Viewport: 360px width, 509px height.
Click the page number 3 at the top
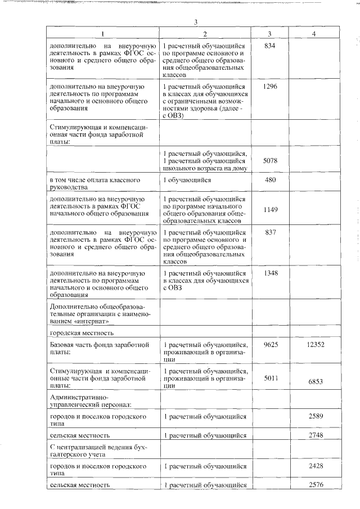(194, 22)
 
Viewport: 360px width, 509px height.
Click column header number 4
(313, 33)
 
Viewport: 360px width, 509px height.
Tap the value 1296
(270, 87)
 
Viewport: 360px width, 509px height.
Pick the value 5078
(271, 161)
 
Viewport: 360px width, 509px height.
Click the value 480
(271, 180)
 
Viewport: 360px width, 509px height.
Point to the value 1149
(271, 209)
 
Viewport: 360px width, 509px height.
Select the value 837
(271, 232)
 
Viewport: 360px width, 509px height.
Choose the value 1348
(271, 273)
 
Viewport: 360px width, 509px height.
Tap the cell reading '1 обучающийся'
(186, 180)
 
